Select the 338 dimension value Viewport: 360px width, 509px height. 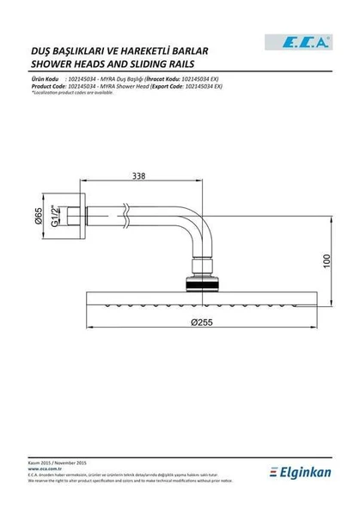click(138, 176)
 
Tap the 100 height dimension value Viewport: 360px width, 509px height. click(326, 259)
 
